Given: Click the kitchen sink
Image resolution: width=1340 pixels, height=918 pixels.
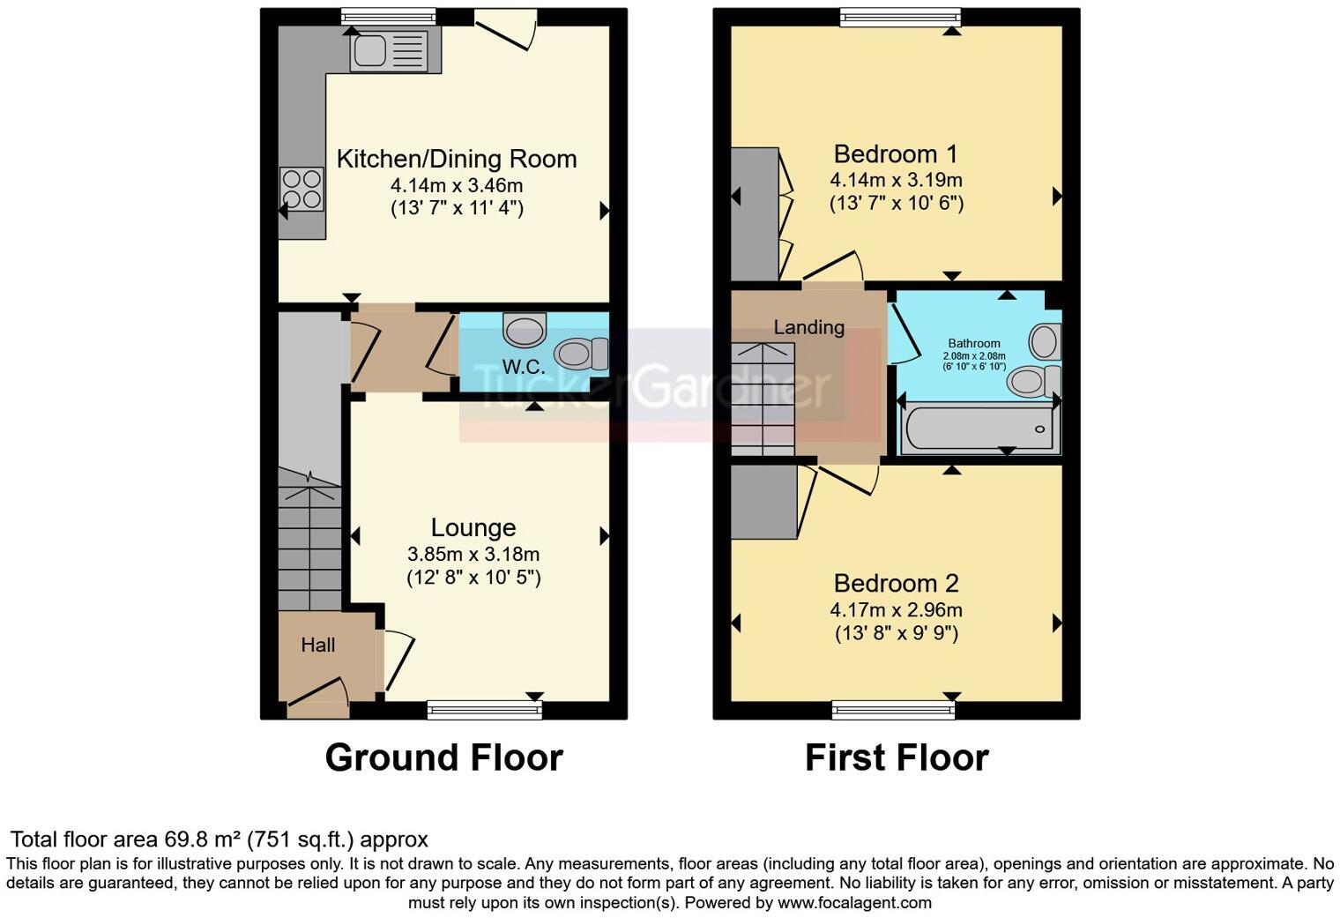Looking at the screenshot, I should point(389,50).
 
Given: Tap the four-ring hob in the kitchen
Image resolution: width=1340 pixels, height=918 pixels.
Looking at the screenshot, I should point(301,190).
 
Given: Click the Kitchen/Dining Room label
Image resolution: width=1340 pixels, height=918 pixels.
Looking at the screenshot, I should point(457,159).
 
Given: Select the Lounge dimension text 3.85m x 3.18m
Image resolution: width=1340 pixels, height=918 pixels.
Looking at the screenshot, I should point(473,555).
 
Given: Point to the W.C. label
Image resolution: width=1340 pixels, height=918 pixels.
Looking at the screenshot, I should point(523,367).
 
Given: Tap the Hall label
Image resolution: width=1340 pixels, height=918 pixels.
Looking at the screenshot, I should point(318,645).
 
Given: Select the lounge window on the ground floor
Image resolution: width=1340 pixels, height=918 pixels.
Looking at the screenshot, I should point(484,709).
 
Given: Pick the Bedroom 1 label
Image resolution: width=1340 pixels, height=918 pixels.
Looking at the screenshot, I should point(896,154).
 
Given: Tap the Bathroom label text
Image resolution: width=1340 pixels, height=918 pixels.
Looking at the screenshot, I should point(974,344).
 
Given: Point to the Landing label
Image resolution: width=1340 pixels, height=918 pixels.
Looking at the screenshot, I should point(808,327).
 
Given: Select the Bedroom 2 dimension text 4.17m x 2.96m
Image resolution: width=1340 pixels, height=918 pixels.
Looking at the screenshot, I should point(896,610).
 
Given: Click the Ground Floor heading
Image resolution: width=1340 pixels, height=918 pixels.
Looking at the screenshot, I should point(443,758).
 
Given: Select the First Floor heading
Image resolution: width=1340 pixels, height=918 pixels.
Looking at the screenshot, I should point(897,758).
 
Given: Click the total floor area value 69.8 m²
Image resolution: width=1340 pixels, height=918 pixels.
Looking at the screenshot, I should point(203,840).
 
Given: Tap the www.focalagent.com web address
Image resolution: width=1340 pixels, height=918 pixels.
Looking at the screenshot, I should point(854,903).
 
